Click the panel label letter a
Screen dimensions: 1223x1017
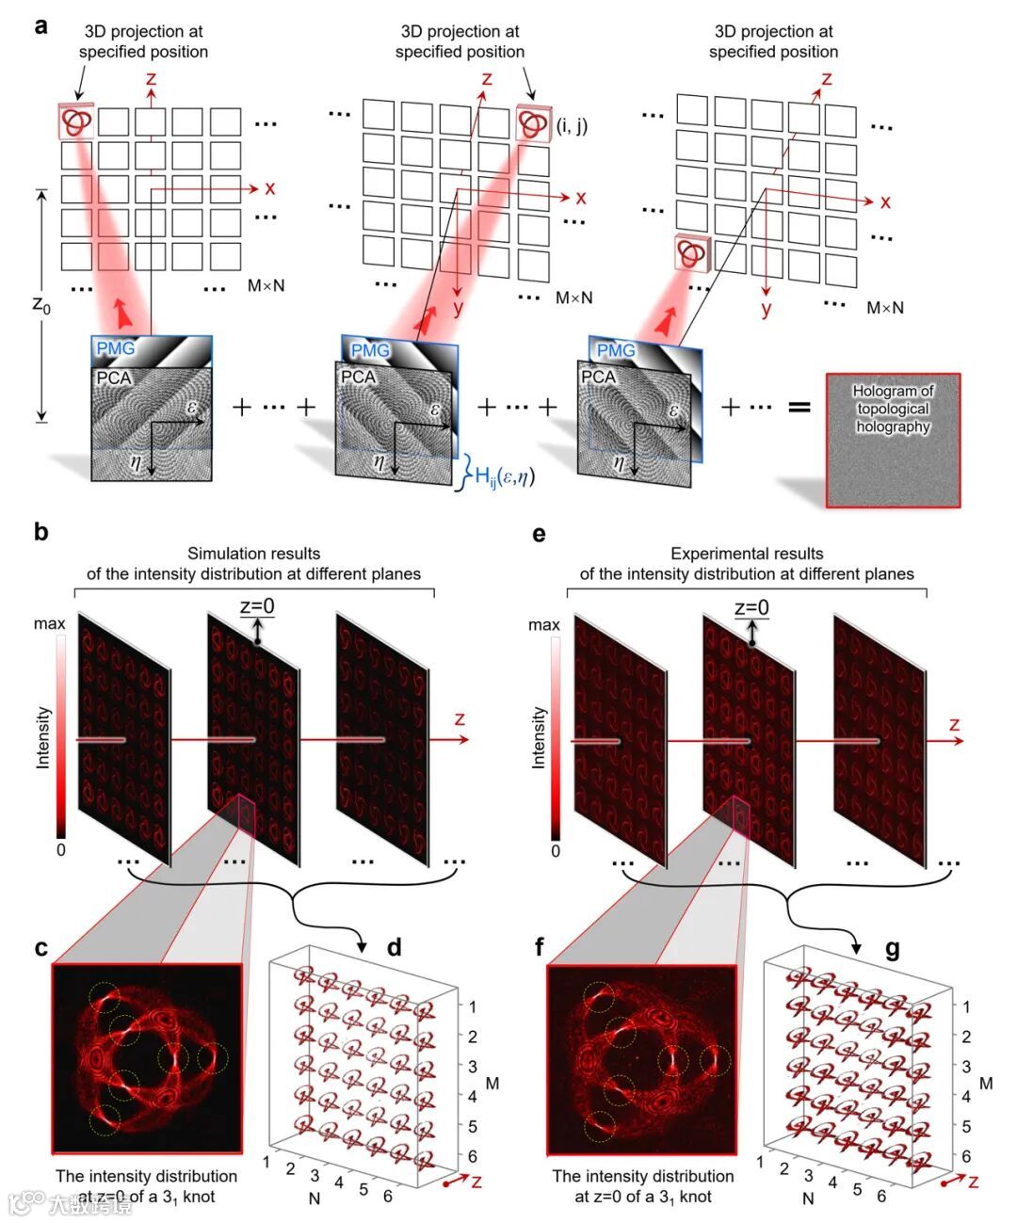pyautogui.click(x=40, y=25)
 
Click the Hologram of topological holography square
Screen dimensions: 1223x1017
pyautogui.click(x=893, y=441)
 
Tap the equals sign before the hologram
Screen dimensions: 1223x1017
pyautogui.click(x=799, y=408)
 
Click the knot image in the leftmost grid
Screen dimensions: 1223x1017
pyautogui.click(x=76, y=121)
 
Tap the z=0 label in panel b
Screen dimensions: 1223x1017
pyautogui.click(x=257, y=606)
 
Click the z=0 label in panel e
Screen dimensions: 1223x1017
pyautogui.click(x=751, y=607)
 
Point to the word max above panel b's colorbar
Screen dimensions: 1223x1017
pyautogui.click(x=49, y=623)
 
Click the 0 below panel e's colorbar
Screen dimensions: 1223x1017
pyautogui.click(x=556, y=851)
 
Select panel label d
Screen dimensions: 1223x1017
pyautogui.click(x=395, y=947)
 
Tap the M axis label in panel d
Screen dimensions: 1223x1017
pyautogui.click(x=492, y=1084)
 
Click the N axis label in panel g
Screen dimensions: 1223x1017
pyautogui.click(x=808, y=1199)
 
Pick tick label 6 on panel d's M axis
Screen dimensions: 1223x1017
pyautogui.click(x=472, y=1156)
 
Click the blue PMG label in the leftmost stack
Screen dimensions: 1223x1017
pyautogui.click(x=115, y=348)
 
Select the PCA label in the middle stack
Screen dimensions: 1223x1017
pyautogui.click(x=358, y=377)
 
